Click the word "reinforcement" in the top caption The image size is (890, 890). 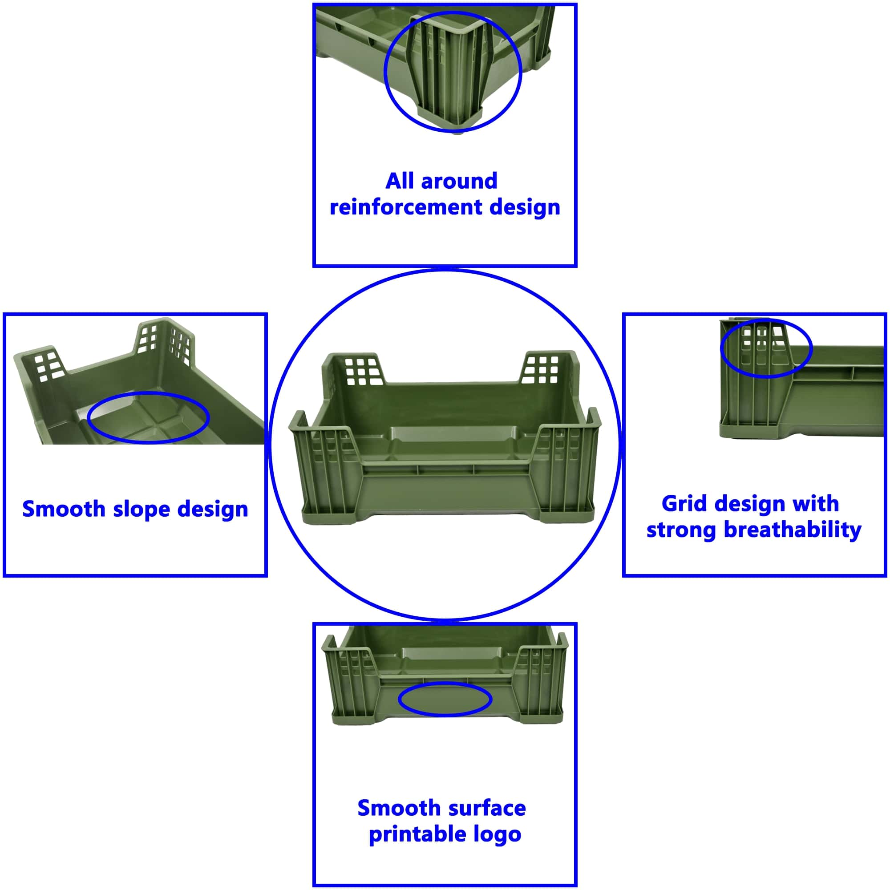tap(406, 207)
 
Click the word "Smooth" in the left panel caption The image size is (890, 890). tap(64, 509)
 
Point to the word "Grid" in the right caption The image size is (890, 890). tap(684, 503)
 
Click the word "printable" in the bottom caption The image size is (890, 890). tap(411, 834)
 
